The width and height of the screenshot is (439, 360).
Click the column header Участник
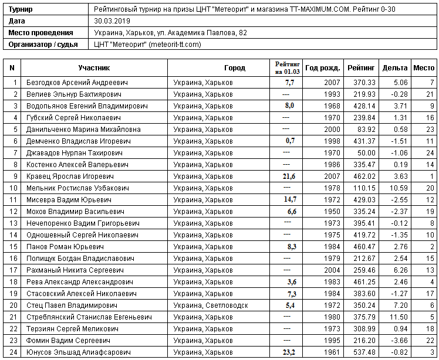(x=92, y=68)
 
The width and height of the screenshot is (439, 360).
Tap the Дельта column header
(x=394, y=68)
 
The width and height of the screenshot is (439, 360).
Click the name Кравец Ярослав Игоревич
(x=70, y=176)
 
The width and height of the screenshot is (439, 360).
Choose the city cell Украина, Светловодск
(x=211, y=305)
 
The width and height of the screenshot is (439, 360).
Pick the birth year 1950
(x=332, y=211)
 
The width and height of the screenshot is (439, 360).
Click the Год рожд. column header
(x=323, y=68)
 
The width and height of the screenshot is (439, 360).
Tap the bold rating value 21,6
(x=289, y=176)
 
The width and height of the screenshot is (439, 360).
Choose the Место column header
(x=424, y=68)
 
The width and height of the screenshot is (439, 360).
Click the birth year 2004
(x=332, y=270)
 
